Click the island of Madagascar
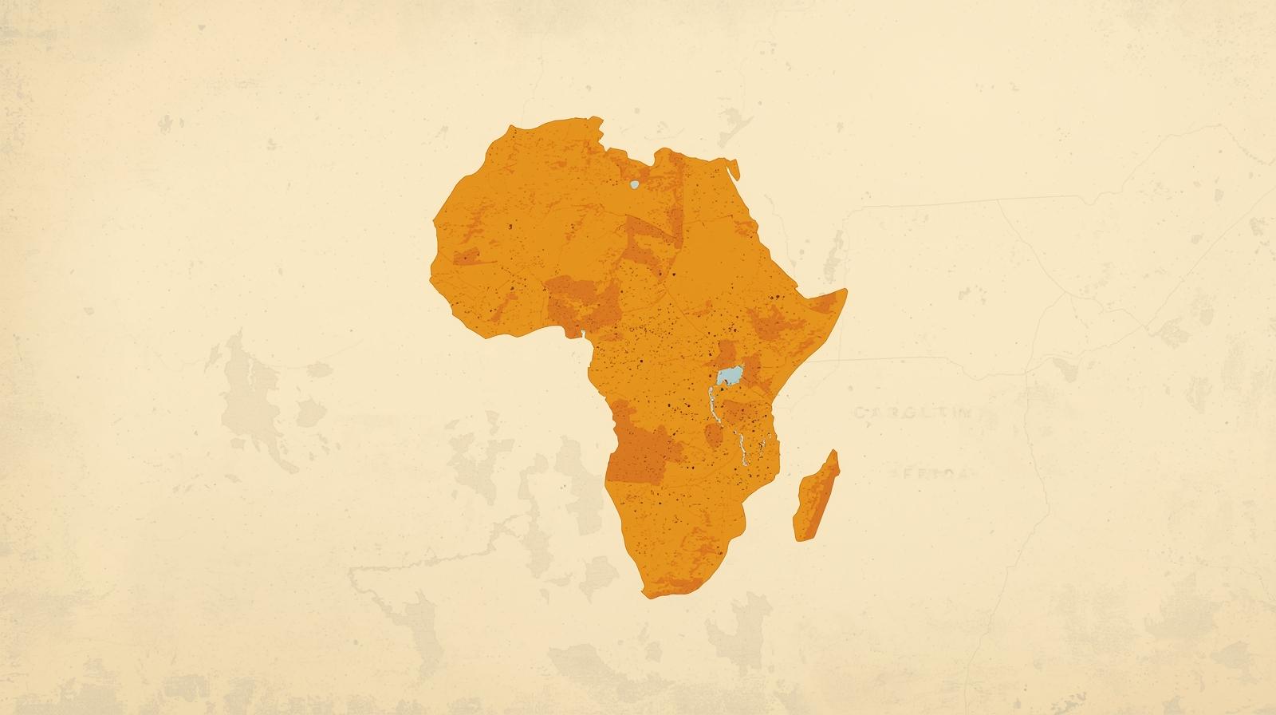(816, 499)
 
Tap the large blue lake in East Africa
(730, 374)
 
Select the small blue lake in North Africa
(634, 185)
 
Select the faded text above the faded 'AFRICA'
(913, 413)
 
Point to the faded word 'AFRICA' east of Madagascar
(929, 472)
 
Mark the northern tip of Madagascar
(836, 452)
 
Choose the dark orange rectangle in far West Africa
(467, 257)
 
